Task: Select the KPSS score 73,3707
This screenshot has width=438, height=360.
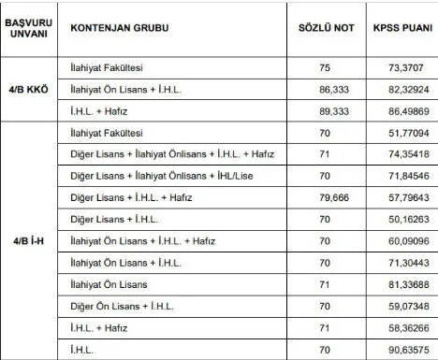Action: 400,68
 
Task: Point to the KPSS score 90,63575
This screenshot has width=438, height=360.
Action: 400,350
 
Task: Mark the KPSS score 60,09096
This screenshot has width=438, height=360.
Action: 400,241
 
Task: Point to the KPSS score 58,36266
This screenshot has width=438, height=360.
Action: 400,328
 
